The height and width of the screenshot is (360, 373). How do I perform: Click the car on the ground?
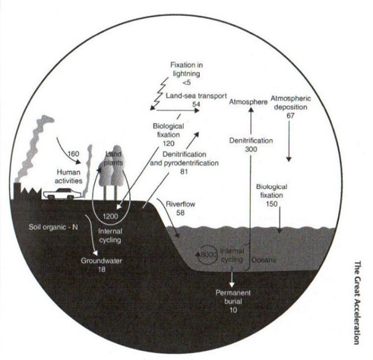tap(62, 194)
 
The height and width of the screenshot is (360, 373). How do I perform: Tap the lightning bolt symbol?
tap(159, 94)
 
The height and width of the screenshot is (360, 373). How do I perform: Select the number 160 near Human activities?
tap(74, 153)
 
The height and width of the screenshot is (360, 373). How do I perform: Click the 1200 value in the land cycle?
tap(110, 216)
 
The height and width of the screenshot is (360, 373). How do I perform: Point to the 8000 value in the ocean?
tap(209, 254)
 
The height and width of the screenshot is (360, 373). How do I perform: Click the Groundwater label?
tap(101, 261)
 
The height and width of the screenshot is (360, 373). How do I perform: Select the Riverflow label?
tap(180, 204)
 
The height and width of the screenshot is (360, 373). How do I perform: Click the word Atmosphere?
tap(248, 102)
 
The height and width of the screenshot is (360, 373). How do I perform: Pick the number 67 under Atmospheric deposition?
tap(290, 115)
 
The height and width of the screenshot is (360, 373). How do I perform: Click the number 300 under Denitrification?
tap(251, 149)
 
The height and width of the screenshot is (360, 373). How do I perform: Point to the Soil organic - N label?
tap(53, 227)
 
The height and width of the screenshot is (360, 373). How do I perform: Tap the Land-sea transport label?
tap(196, 96)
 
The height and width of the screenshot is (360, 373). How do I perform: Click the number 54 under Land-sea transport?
tap(196, 104)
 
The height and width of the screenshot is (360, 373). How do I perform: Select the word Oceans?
tap(264, 260)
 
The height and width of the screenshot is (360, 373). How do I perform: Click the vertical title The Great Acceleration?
tap(357, 302)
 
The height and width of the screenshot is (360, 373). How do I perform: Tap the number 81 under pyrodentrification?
tap(184, 172)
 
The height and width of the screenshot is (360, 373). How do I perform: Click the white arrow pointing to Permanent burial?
tap(232, 279)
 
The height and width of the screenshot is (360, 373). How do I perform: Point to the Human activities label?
tap(68, 176)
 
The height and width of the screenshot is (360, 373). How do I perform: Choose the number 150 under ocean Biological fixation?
tap(271, 204)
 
